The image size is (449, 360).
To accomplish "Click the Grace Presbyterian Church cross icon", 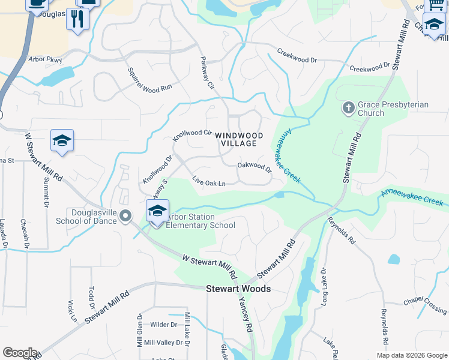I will click(x=348, y=109).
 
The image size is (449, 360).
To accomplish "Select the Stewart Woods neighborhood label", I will click(x=238, y=289).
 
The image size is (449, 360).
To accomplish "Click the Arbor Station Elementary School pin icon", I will click(x=157, y=212).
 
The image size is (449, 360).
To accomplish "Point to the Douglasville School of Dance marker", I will click(x=125, y=216).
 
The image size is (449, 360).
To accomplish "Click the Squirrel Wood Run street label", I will click(x=149, y=80).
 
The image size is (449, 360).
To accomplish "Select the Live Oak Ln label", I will click(x=208, y=182).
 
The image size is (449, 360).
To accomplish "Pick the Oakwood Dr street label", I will click(x=255, y=166).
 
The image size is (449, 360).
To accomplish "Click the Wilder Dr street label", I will click(x=164, y=325).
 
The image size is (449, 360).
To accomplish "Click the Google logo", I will click(x=20, y=353).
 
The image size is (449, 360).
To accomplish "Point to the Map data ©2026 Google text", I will click(x=412, y=355).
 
